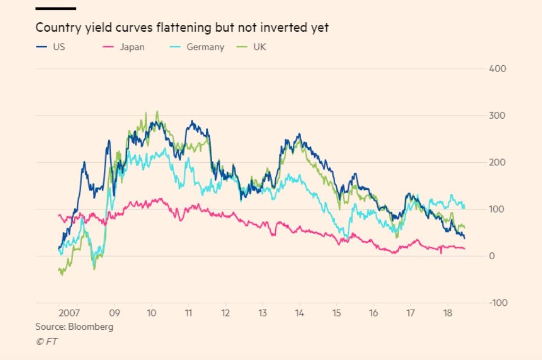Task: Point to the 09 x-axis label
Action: pos(114,313)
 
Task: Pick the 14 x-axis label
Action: pos(299,313)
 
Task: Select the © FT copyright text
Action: pos(47,341)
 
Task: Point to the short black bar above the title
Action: pos(56,8)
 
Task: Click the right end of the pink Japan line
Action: pos(465,249)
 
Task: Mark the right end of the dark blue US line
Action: pos(465,238)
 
